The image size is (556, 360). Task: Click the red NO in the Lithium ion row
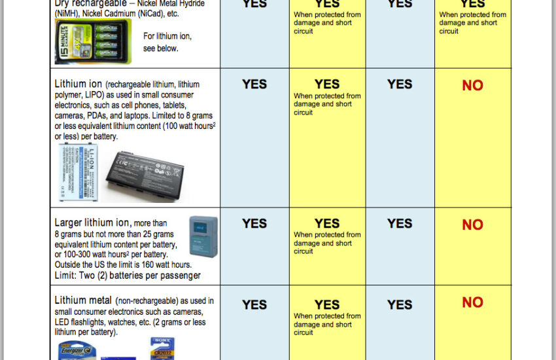pos(472,86)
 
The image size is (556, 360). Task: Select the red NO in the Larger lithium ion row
pos(472,225)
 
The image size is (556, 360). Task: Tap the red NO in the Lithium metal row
pos(472,302)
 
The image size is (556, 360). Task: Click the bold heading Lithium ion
pos(78,84)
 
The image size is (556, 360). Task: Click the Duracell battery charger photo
pos(93,41)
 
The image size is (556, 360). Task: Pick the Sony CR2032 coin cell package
pos(162,348)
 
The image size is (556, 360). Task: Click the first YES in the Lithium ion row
pos(254,84)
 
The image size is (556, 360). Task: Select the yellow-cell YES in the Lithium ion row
pos(327,84)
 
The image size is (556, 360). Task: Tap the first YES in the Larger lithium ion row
pos(254,224)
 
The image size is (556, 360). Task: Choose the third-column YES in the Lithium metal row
pos(400,305)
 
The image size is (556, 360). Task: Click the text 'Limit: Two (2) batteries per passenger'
pos(128,276)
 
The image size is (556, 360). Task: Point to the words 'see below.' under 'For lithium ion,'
pos(161,48)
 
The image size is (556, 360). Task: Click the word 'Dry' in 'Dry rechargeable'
pos(62,3)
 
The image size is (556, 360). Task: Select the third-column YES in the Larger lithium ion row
pos(400,224)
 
